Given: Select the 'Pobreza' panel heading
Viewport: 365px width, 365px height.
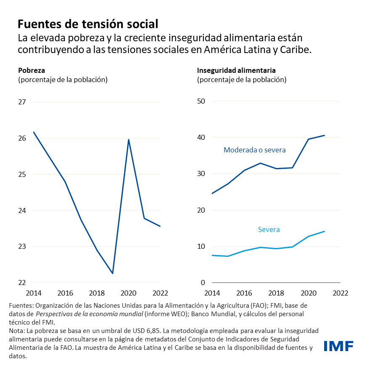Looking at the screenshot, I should point(31,70).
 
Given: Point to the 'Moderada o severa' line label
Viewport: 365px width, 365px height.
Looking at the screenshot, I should point(254,150).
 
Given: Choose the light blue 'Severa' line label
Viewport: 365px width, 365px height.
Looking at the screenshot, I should point(269,229).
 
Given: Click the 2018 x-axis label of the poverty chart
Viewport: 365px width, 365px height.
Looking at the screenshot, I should point(97,293).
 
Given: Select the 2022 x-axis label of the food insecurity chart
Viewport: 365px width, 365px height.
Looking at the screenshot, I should point(340,293).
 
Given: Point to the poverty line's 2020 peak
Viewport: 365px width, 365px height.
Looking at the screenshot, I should point(128,139).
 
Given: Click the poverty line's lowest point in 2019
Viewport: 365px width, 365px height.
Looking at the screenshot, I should point(112,274).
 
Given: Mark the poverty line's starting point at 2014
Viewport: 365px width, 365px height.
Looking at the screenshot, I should point(34,132).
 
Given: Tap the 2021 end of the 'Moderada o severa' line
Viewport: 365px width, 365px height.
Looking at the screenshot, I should point(324,136).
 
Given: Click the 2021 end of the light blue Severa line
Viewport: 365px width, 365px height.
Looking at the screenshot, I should point(324,231).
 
